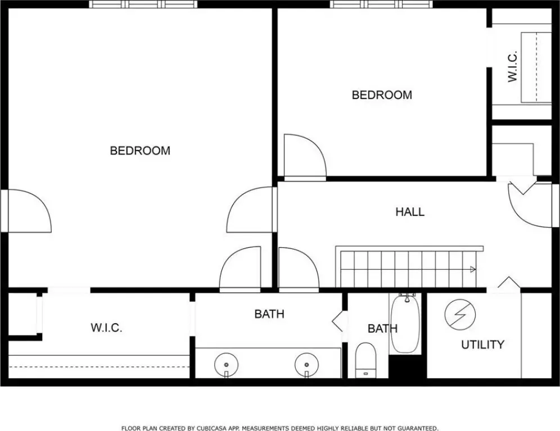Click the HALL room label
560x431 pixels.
(410, 212)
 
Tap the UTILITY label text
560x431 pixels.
(482, 344)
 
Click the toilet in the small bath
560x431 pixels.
(365, 360)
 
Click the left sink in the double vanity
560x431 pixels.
(226, 364)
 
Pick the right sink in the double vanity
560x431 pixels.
(307, 364)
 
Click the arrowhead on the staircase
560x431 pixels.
(473, 269)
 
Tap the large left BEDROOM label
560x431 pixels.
(140, 151)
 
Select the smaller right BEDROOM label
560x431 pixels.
(382, 95)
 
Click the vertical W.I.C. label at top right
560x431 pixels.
(513, 66)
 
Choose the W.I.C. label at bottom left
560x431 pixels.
(106, 328)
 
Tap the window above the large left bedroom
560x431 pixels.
(143, 4)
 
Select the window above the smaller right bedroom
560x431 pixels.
(381, 4)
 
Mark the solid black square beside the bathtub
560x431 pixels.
(408, 366)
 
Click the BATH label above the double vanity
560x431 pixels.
(269, 314)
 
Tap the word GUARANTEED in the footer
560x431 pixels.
(418, 428)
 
